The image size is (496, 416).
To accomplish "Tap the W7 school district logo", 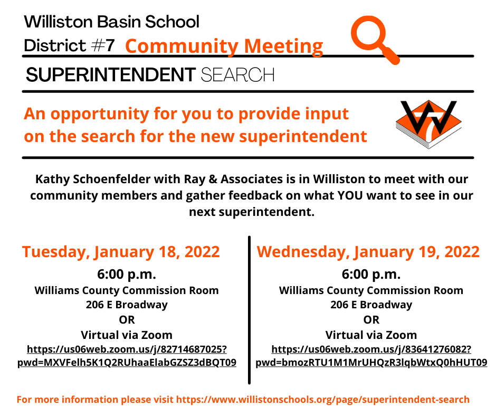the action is click(x=428, y=124).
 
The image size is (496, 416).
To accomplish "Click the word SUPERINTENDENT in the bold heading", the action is click(x=111, y=75).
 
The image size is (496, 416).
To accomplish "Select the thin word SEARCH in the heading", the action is click(x=237, y=75).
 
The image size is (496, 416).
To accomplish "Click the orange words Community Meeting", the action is click(x=224, y=46).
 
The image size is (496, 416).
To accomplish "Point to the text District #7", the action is click(x=69, y=45).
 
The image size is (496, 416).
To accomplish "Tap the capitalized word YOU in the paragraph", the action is click(x=350, y=195).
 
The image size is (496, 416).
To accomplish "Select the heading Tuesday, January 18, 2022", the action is click(x=121, y=252).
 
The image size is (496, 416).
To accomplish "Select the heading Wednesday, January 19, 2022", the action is click(x=368, y=252).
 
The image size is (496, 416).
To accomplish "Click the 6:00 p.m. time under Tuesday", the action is click(x=127, y=274).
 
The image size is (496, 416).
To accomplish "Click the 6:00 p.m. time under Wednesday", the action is click(x=371, y=274).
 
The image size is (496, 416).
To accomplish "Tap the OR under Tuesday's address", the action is click(x=127, y=320).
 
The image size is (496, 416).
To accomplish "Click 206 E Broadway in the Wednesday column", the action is click(x=371, y=305).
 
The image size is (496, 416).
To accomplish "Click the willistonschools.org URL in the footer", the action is click(x=322, y=400).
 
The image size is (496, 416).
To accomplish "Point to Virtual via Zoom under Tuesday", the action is click(x=127, y=335).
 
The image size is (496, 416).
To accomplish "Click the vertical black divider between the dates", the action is click(x=249, y=310).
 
